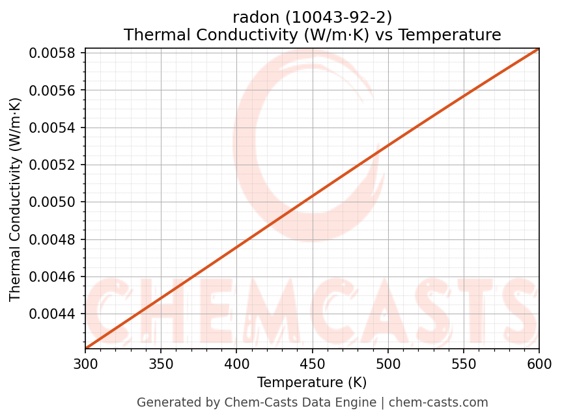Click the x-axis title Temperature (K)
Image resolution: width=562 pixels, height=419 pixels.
pyautogui.click(x=312, y=382)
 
